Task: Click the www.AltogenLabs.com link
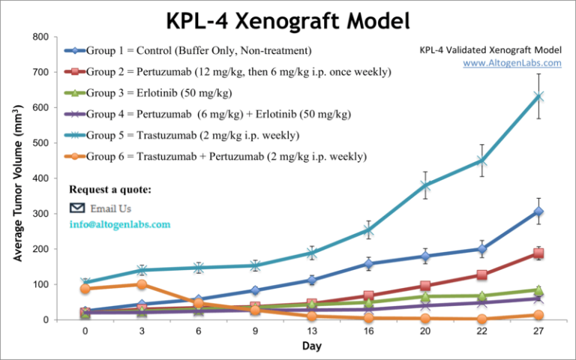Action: (x=511, y=63)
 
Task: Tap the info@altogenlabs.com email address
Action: (x=119, y=223)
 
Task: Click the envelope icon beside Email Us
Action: (x=77, y=208)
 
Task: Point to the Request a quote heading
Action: (x=110, y=190)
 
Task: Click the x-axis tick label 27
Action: (x=538, y=331)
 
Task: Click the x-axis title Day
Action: (x=311, y=346)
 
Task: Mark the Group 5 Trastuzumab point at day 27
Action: (x=538, y=96)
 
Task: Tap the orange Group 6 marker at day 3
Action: (x=142, y=284)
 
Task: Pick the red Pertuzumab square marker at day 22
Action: (x=481, y=275)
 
